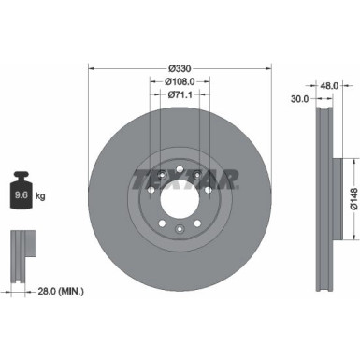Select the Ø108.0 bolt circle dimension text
click(x=180, y=80)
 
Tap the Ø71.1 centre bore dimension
click(x=180, y=94)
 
